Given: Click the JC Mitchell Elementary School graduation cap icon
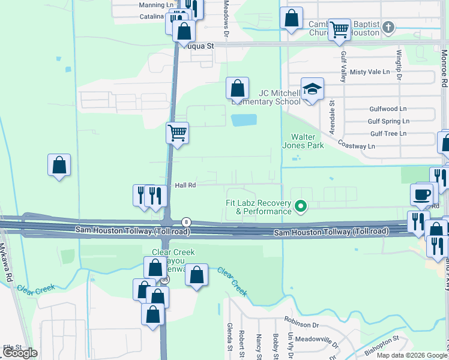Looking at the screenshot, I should coord(312,89).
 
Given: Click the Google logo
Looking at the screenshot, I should coord(20,353).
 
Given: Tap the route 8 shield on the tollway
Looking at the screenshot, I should coord(187,222).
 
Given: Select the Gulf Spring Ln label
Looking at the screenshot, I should coord(388,121).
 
